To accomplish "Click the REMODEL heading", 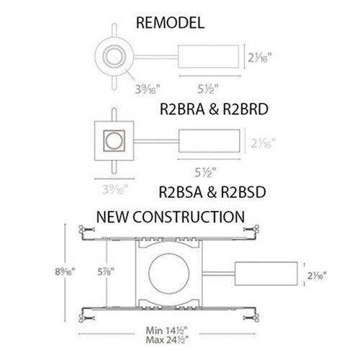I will (x=171, y=22).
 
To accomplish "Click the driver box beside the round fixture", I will (x=207, y=55).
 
